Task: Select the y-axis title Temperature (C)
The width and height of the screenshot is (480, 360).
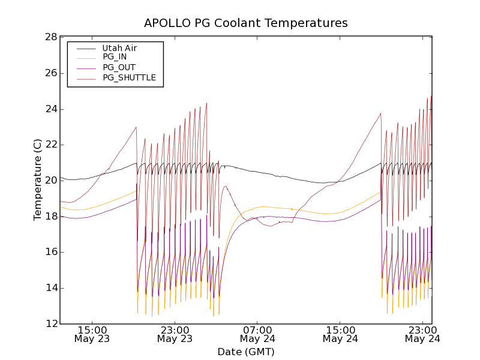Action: click(x=38, y=180)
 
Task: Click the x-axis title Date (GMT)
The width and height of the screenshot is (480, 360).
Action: click(x=246, y=352)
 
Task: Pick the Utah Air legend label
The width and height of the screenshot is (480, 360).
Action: click(x=119, y=47)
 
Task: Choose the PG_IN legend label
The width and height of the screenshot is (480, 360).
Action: click(x=115, y=57)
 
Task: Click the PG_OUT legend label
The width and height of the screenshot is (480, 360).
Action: click(x=119, y=67)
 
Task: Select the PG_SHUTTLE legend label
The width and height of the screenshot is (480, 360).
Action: click(x=129, y=77)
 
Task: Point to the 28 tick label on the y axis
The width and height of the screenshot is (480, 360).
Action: click(x=50, y=37)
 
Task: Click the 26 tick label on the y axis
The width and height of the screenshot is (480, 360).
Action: click(x=50, y=73)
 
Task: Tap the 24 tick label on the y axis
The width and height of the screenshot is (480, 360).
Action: click(x=50, y=109)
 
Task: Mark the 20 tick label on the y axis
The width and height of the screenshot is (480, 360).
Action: click(x=50, y=181)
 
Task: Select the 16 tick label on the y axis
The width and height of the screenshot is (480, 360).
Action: click(x=50, y=252)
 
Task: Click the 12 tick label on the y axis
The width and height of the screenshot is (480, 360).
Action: click(x=50, y=324)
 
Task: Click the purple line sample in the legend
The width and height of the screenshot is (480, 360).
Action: click(x=86, y=67)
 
